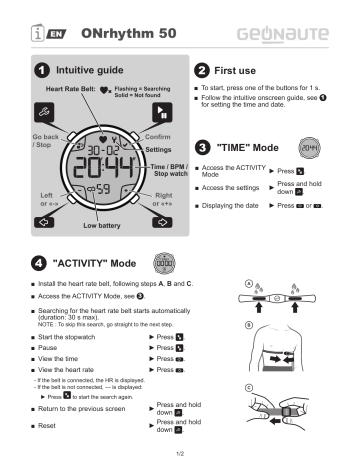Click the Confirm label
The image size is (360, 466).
159,134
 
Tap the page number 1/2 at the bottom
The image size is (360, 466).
180,455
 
